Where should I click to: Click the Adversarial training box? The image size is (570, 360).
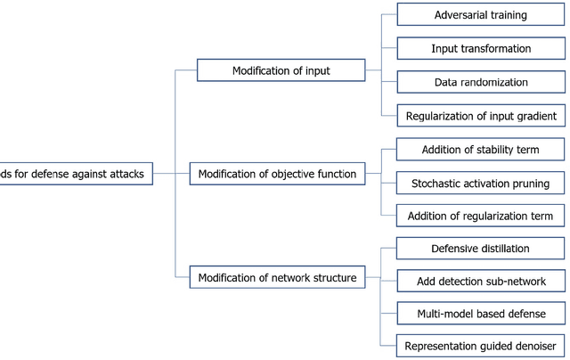pyautogui.click(x=480, y=15)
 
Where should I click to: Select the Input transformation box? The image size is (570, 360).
pyautogui.click(x=480, y=48)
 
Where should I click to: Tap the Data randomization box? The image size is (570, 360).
pyautogui.click(x=480, y=82)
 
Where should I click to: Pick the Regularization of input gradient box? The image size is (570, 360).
pyautogui.click(x=480, y=115)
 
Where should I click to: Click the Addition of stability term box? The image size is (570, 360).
pyautogui.click(x=480, y=148)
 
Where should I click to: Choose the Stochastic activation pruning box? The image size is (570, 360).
pyautogui.click(x=480, y=182)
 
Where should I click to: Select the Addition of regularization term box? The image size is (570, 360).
pyautogui.click(x=480, y=215)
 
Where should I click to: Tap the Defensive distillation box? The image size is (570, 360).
pyautogui.click(x=480, y=248)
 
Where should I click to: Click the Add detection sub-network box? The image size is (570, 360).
pyautogui.click(x=480, y=281)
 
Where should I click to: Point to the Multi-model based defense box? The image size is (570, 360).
pyautogui.click(x=480, y=314)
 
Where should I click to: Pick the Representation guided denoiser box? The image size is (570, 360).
pyautogui.click(x=480, y=346)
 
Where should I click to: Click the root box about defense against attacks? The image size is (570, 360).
pyautogui.click(x=76, y=173)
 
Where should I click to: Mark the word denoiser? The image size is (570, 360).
pyautogui.click(x=531, y=346)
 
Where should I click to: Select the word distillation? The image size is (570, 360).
pyautogui.click(x=502, y=248)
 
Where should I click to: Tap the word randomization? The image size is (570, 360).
pyautogui.click(x=493, y=82)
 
